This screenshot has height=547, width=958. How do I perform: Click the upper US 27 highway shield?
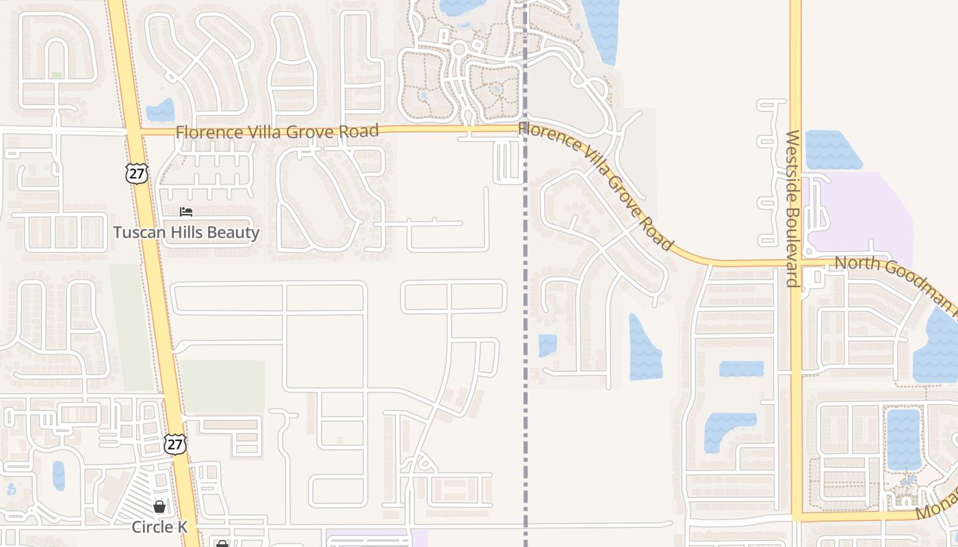(x=137, y=174)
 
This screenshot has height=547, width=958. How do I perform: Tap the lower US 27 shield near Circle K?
(x=175, y=444)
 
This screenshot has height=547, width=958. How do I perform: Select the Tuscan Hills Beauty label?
(x=186, y=232)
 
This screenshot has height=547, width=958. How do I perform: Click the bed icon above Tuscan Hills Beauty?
(x=186, y=213)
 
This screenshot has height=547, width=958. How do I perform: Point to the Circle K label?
(x=160, y=527)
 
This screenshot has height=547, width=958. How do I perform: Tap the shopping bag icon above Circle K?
(x=159, y=507)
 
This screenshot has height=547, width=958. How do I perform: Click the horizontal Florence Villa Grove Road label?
(x=276, y=131)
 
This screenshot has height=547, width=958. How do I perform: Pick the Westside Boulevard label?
(x=792, y=209)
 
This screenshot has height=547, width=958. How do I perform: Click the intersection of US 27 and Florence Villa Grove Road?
(x=133, y=131)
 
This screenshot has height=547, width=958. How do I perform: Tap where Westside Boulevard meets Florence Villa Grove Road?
(x=796, y=263)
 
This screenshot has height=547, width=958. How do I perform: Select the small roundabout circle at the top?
(x=458, y=49)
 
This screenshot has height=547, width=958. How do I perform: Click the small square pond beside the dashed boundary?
(x=547, y=345)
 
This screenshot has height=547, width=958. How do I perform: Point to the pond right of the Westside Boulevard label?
(x=831, y=150)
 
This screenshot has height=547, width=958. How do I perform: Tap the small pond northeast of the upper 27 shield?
(x=161, y=111)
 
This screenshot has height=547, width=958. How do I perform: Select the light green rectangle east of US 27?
(x=222, y=386)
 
